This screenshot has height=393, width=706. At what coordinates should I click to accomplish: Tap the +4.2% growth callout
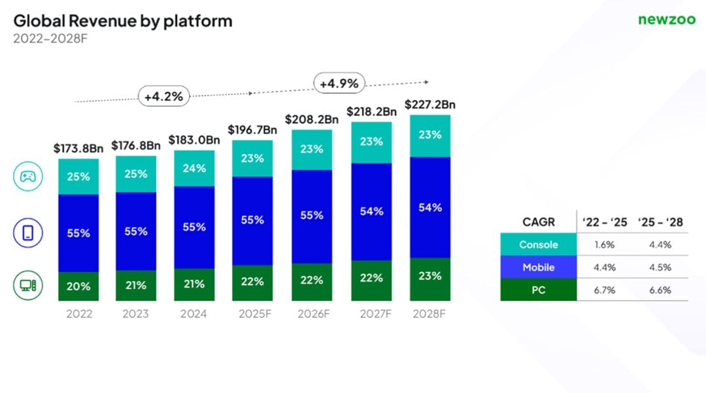pos(163,97)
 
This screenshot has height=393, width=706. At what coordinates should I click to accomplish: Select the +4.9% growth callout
pos(340,83)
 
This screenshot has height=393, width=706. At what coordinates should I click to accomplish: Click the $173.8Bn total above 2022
pos(78,148)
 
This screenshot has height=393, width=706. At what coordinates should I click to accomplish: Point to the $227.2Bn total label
pos(430,105)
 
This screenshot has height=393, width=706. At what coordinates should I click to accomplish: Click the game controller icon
pos(28,177)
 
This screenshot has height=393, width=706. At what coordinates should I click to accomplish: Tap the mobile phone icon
pos(28,233)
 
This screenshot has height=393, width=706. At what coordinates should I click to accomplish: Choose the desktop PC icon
pos(28,285)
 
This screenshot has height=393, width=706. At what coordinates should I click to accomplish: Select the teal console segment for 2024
pos(194,169)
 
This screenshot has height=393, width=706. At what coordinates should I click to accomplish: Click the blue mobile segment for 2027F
pos(371,212)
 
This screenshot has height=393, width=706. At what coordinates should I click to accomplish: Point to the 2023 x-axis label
pos(136,314)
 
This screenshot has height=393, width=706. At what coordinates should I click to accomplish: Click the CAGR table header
pos(539,222)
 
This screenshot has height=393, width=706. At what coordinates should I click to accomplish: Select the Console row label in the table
pos(539,245)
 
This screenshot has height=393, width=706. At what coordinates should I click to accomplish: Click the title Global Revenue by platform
pos(123,21)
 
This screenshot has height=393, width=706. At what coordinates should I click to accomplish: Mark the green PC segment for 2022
pos(78,286)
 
